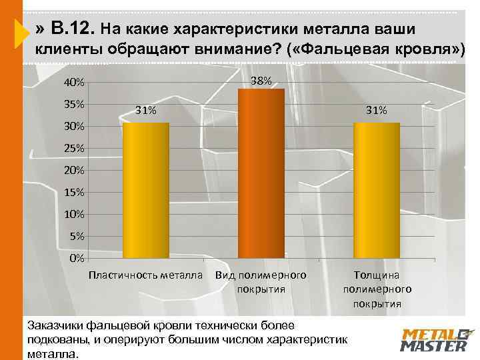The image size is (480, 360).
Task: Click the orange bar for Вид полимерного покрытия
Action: click(x=261, y=173)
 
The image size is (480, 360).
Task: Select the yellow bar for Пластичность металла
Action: click(x=146, y=190)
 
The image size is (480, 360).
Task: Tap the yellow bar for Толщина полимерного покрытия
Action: click(x=377, y=190)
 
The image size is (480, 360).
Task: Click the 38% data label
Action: click(x=261, y=81)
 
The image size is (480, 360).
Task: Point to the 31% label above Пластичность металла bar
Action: click(x=146, y=111)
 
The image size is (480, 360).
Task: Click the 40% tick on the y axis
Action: click(x=73, y=83)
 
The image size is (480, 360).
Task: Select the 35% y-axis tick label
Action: click(x=73, y=105)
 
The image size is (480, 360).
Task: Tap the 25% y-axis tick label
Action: click(x=73, y=148)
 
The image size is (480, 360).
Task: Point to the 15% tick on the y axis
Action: click(x=73, y=192)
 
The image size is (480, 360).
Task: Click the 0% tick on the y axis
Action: click(x=76, y=257)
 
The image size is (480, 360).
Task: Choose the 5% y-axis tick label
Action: click(x=76, y=235)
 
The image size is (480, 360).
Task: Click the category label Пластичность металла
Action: click(x=146, y=275)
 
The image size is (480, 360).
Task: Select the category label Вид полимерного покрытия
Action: click(x=261, y=281)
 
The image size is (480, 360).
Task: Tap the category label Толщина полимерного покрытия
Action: click(x=377, y=289)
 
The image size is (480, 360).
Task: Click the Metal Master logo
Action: click(x=435, y=339)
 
